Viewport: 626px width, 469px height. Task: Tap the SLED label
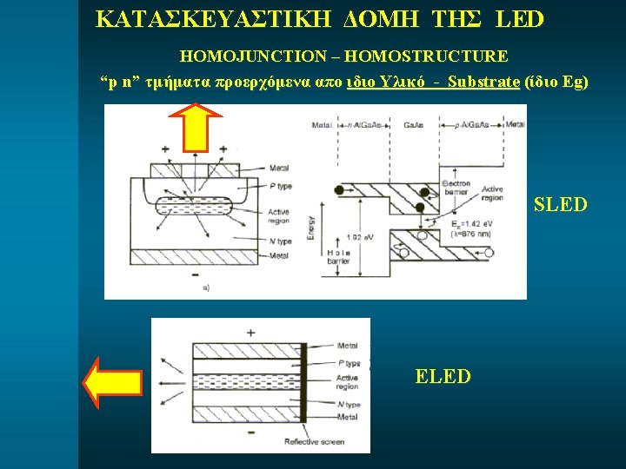560,205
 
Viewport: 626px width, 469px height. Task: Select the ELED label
443,376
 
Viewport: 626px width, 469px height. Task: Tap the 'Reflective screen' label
314,441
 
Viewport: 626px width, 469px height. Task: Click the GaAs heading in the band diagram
416,125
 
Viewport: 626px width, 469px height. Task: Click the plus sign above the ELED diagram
250,332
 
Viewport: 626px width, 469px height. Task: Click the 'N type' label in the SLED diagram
279,241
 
